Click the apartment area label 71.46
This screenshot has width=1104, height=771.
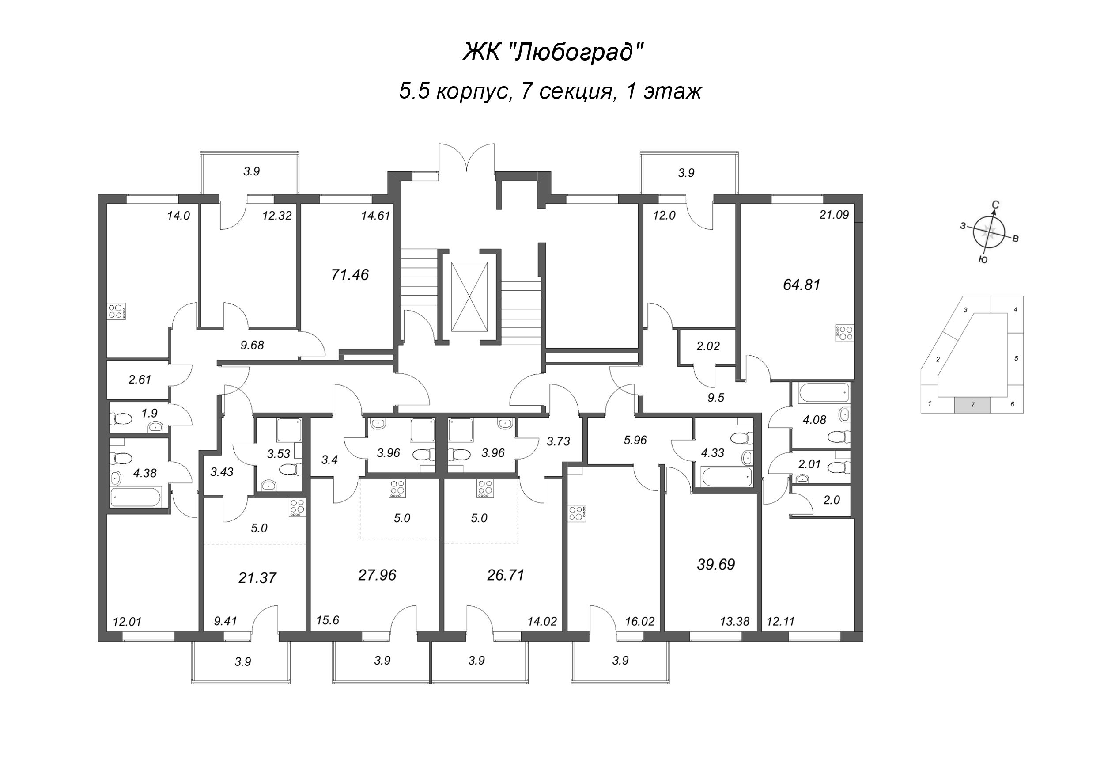coord(350,275)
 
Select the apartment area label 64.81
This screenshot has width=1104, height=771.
coord(801,285)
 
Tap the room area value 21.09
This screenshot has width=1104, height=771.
coord(834,215)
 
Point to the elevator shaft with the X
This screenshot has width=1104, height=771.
coord(469,296)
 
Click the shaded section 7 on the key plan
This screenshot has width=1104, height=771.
coord(972,405)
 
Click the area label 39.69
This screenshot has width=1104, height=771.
coord(715,564)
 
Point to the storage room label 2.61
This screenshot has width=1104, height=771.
coord(140,380)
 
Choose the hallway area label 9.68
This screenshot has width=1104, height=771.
coord(252,345)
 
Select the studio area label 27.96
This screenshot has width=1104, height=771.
coord(377,575)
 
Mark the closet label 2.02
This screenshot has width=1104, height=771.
coord(708,346)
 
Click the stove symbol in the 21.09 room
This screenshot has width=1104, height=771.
coord(845,333)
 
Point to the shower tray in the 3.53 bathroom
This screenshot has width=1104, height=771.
coord(290,430)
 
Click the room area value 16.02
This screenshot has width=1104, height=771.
coord(639,621)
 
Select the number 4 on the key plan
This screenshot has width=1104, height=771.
coord(1016,310)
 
